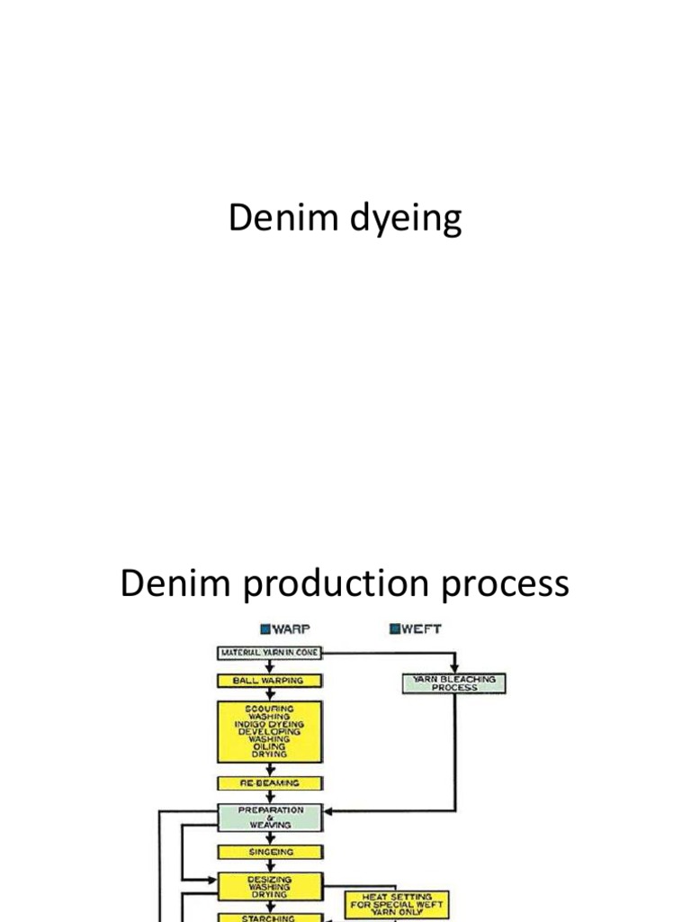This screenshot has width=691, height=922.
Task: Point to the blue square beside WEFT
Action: [x=395, y=628]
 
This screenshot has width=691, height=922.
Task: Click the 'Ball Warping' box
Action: [x=269, y=681]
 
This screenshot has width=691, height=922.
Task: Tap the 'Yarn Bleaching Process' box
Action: [x=453, y=683]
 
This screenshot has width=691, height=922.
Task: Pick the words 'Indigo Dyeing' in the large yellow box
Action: [x=269, y=723]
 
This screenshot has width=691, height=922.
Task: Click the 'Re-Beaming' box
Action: [x=269, y=783]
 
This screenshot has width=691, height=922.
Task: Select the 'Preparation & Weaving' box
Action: [x=269, y=818]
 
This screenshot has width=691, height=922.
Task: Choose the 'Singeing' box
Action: [x=269, y=851]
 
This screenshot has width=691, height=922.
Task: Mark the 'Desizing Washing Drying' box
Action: [x=269, y=887]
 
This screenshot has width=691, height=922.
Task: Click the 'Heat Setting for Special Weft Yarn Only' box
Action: [x=397, y=903]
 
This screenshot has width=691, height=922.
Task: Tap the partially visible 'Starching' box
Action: [x=269, y=917]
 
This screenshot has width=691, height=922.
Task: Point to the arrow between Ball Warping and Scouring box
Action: [x=269, y=694]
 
